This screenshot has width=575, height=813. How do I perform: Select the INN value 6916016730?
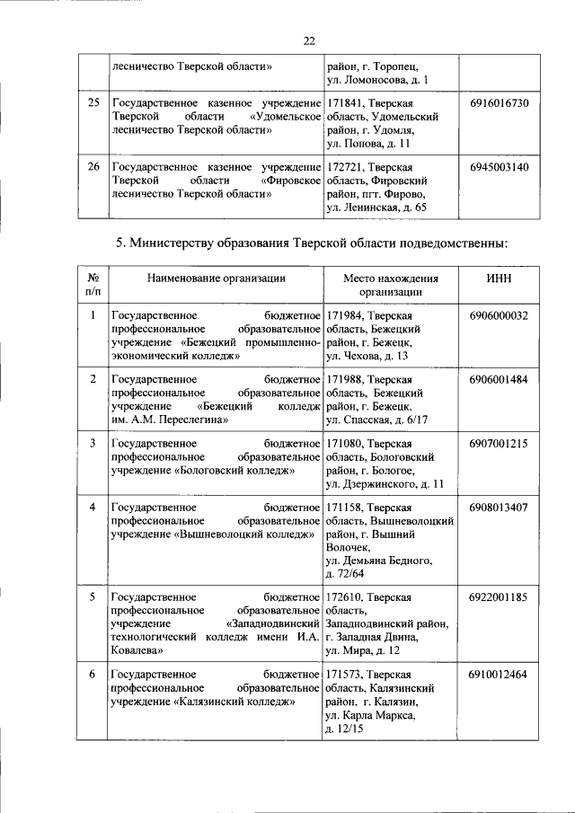499,104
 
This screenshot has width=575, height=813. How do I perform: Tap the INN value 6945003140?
499,167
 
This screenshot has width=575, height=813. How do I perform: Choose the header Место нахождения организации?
390,285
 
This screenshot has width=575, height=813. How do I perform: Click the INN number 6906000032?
499,316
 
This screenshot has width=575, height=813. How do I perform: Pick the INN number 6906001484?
499,379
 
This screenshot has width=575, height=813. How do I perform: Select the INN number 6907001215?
499,443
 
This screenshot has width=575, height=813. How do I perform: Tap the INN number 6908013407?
499,507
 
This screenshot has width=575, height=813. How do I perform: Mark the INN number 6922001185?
499,596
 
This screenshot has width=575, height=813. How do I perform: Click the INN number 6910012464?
499,673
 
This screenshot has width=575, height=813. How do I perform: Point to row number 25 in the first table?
93,104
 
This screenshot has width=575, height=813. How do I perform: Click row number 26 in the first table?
93,167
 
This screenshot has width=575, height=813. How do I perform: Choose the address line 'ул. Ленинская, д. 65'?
376,208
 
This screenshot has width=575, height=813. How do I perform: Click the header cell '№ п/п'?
93,285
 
